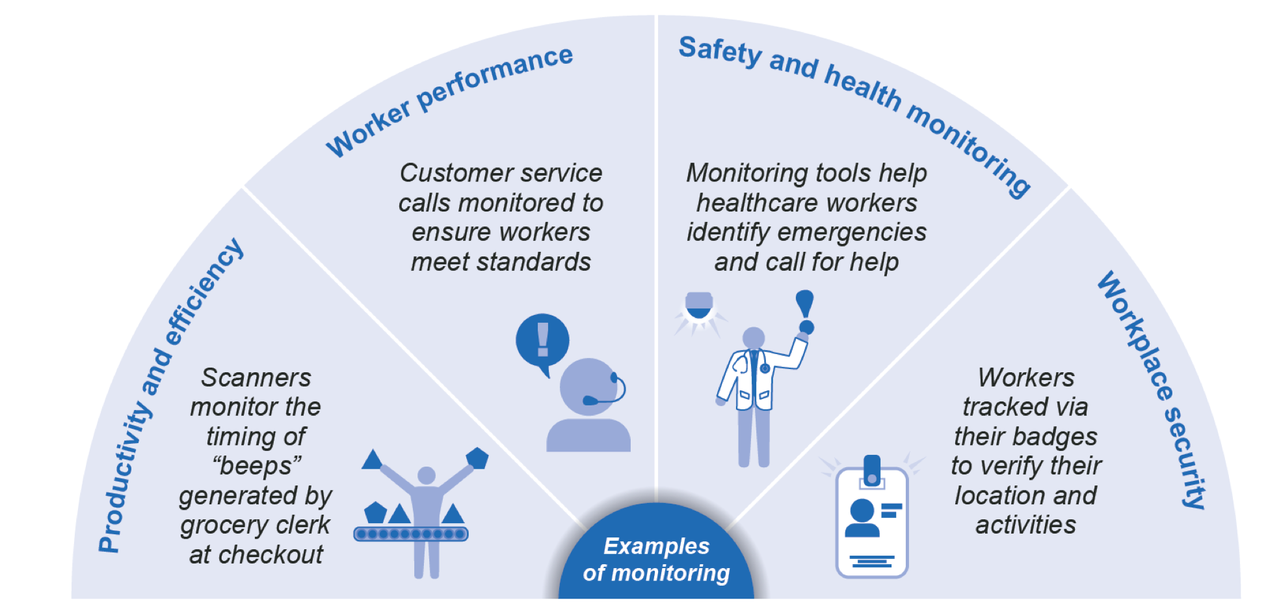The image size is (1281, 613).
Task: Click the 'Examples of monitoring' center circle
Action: (x=656, y=559)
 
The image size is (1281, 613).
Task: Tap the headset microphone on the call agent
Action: (x=592, y=400)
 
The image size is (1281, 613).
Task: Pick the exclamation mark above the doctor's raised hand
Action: (x=805, y=311)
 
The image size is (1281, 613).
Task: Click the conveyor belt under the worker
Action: (x=410, y=534)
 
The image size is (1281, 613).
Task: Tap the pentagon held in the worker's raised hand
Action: (x=477, y=457)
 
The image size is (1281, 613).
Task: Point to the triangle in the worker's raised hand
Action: (x=372, y=460)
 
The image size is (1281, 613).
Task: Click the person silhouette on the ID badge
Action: (x=862, y=518)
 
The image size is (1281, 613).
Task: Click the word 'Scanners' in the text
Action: (x=256, y=377)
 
